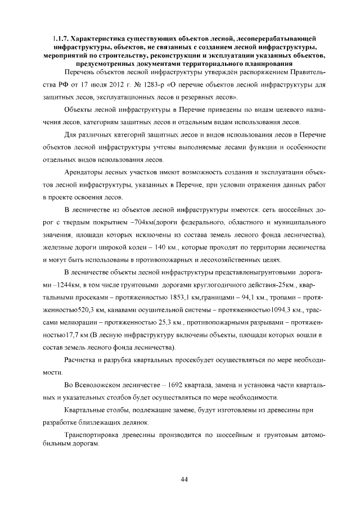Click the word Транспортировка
pyautogui.click(x=95, y=435)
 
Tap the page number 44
pyautogui.click(x=184, y=479)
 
